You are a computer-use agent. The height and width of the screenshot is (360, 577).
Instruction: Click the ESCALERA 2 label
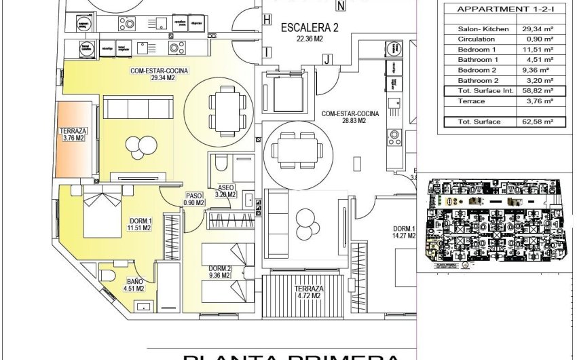(x=310, y=32)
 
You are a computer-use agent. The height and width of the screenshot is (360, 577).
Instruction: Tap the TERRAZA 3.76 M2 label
(x=71, y=134)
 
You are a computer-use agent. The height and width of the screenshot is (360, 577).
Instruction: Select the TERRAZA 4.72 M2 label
(x=309, y=292)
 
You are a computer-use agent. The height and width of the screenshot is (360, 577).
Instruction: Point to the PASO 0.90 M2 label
(x=195, y=198)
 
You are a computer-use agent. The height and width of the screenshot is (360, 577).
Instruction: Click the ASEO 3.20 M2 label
(x=225, y=191)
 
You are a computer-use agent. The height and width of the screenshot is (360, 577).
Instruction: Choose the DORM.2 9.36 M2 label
(x=220, y=272)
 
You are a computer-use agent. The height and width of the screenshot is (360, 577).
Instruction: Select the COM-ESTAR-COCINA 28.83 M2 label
(x=343, y=117)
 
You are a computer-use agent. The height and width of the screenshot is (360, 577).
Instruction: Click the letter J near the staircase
(x=327, y=60)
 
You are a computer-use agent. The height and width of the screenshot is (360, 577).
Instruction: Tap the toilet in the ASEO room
(x=220, y=164)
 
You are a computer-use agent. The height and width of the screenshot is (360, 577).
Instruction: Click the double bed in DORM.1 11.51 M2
(x=103, y=213)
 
